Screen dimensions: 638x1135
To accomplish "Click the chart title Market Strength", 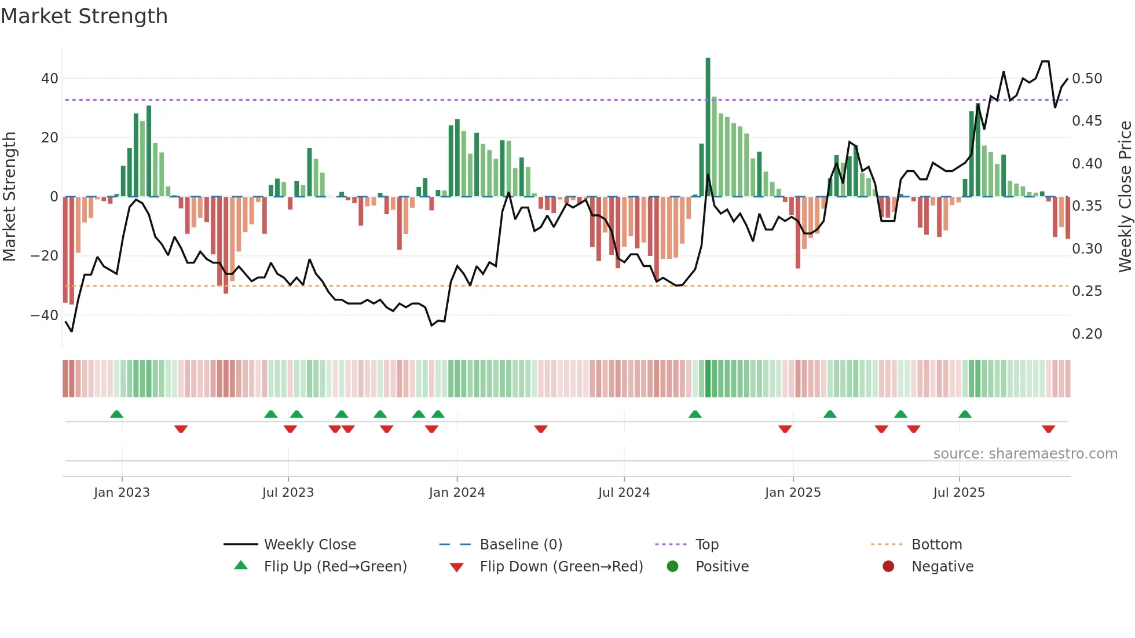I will tap(84, 16).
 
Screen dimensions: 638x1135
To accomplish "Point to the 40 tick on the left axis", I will tap(50, 78).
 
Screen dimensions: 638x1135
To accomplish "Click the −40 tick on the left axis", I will tap(45, 316).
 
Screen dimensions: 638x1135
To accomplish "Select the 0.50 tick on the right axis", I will tap(1087, 78).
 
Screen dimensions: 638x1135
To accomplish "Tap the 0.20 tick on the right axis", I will tap(1087, 334).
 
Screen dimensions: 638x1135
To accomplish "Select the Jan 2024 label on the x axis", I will tap(457, 493).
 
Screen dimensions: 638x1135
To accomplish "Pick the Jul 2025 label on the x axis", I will tap(959, 493).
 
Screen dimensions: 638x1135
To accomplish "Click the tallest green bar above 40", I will tap(708, 127).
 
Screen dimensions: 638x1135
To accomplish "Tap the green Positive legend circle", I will tap(672, 566).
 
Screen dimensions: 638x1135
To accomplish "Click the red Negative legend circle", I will tap(888, 566).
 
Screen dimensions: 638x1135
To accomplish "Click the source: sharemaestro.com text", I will tap(1025, 454).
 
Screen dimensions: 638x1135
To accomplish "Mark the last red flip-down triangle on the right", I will tap(1048, 429).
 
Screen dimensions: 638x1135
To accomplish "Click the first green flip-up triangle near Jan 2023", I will tap(116, 414).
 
